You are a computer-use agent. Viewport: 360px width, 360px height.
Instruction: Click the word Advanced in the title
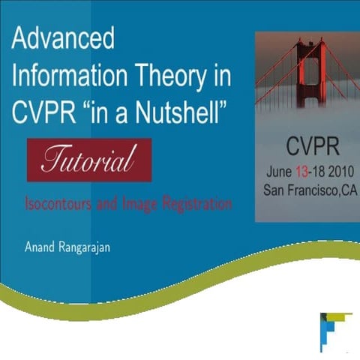pos(63,40)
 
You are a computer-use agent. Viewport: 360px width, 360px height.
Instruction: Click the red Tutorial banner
pos(89,160)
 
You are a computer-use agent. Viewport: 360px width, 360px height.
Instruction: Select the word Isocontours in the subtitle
pos(57,203)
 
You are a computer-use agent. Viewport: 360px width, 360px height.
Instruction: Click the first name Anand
pos(40,244)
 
